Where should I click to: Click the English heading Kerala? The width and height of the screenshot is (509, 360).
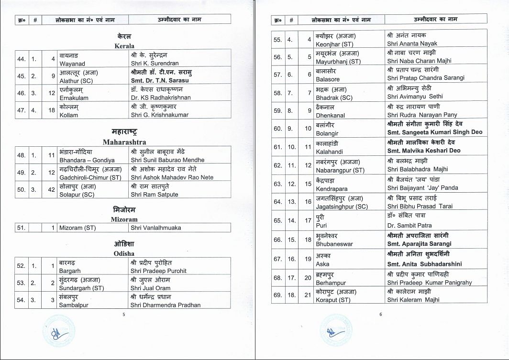pyautogui.click(x=124, y=46)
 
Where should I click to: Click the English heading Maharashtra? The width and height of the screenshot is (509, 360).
pyautogui.click(x=124, y=142)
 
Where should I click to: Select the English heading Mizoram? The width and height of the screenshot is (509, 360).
pyautogui.click(x=124, y=219)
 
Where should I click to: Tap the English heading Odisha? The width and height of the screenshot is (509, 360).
pyautogui.click(x=124, y=253)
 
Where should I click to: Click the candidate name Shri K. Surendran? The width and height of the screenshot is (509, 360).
pyautogui.click(x=155, y=63)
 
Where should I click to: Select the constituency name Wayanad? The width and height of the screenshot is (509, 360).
pyautogui.click(x=72, y=63)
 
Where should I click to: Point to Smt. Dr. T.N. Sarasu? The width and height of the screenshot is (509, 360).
pyautogui.click(x=160, y=80)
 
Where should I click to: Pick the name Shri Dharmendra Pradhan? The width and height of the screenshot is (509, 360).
pyautogui.click(x=166, y=305)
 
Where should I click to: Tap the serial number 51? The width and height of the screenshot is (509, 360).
pyautogui.click(x=21, y=228)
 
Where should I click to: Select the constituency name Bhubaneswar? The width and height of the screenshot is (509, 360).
pyautogui.click(x=334, y=244)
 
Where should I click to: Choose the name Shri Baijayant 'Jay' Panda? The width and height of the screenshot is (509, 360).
pyautogui.click(x=422, y=188)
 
